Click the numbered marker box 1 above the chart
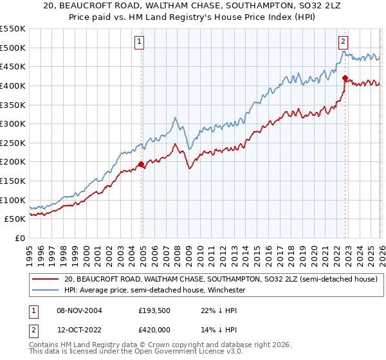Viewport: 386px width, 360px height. click(139, 42)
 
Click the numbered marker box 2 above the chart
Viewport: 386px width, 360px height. click(343, 42)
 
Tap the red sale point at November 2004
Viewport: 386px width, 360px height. click(141, 164)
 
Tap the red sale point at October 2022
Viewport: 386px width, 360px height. click(345, 78)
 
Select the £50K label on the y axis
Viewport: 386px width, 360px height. click(15, 219)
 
